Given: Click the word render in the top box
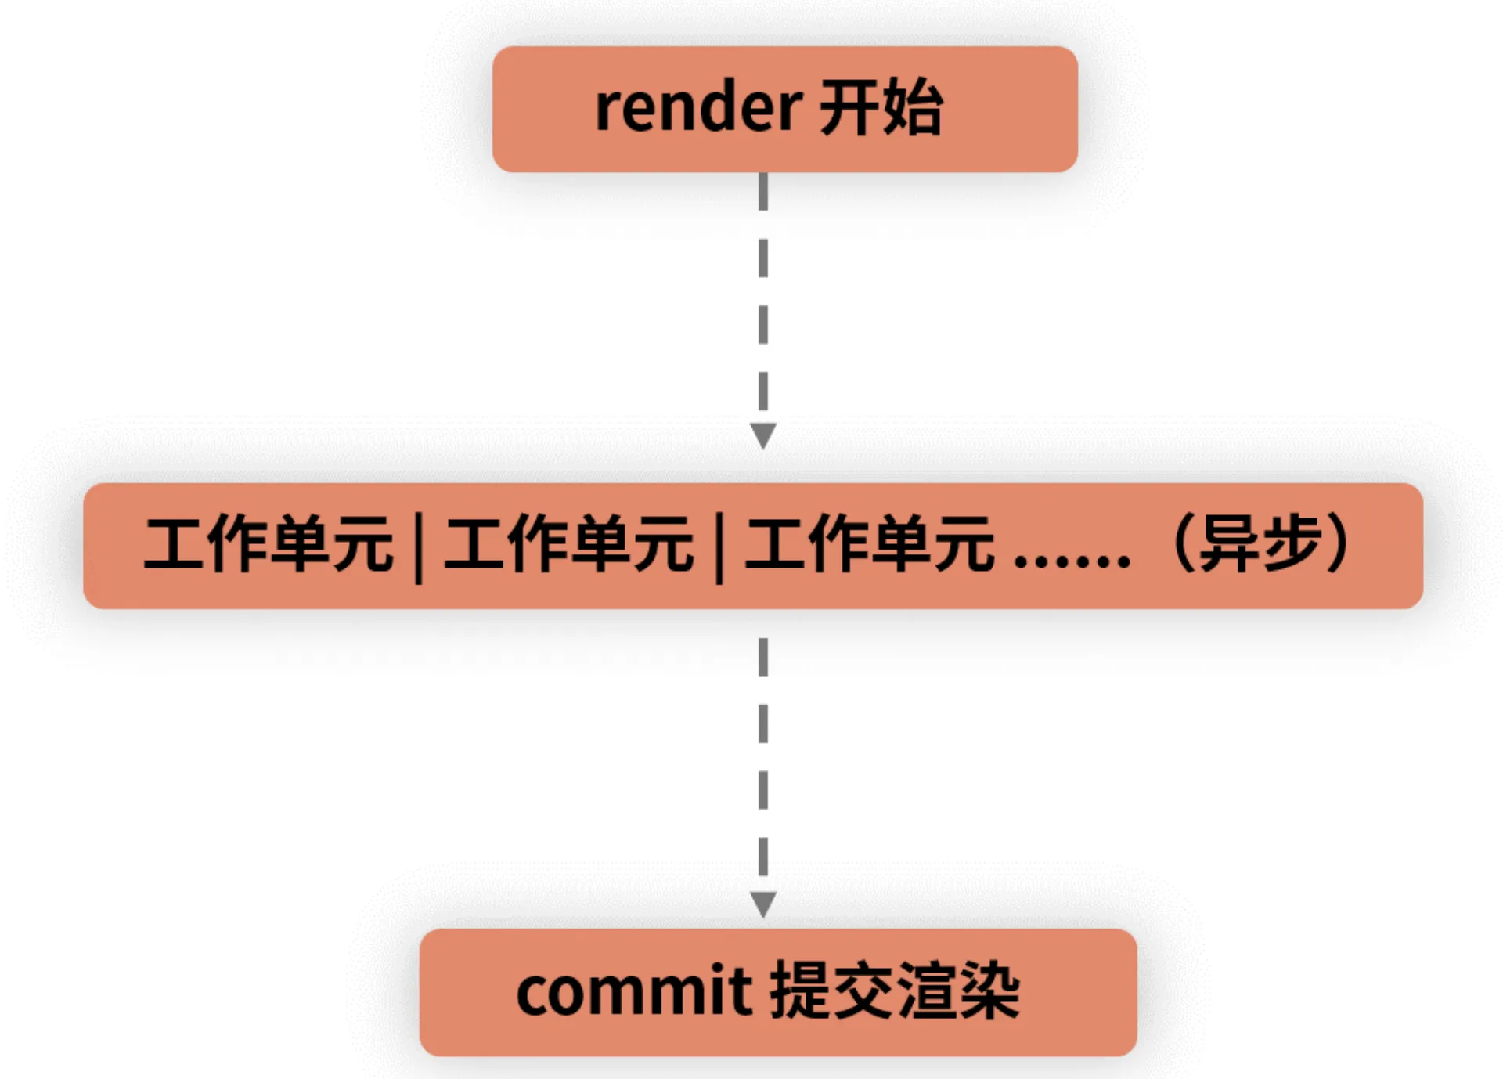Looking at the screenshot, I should click(x=697, y=108).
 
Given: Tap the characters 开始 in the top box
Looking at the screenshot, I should click(x=881, y=108).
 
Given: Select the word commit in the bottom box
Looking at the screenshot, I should click(x=633, y=993).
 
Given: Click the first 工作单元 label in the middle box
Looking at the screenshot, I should click(x=269, y=543).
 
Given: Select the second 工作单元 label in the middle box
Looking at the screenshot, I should click(x=569, y=543).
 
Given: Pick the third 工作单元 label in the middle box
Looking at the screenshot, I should click(x=870, y=543).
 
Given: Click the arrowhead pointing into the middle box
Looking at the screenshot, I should click(x=763, y=435).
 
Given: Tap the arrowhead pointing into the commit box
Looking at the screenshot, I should click(x=763, y=904).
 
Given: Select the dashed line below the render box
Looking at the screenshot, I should click(x=763, y=298).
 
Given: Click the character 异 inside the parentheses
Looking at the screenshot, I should click(x=1231, y=543).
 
